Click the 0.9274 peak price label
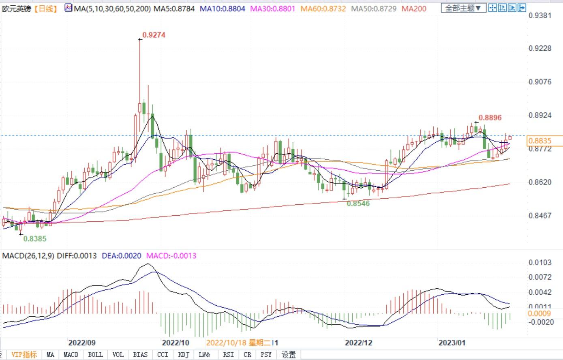click(x=154, y=35)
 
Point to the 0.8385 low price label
click(x=35, y=239)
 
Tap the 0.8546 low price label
click(x=358, y=204)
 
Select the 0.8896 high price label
click(x=490, y=118)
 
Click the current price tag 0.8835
click(x=539, y=141)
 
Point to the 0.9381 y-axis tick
click(x=540, y=16)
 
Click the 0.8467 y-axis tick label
click(x=540, y=215)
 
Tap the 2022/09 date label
click(x=82, y=343)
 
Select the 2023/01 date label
click(x=452, y=343)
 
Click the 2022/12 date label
click(x=358, y=343)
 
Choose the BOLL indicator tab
click(x=95, y=355)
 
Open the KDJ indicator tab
click(x=184, y=355)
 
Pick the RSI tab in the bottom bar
click(x=228, y=355)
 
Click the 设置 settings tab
click(x=289, y=355)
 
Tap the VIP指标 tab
click(x=24, y=355)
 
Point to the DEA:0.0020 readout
click(x=121, y=256)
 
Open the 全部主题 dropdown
click(x=463, y=8)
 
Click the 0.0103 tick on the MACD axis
click(x=540, y=263)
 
